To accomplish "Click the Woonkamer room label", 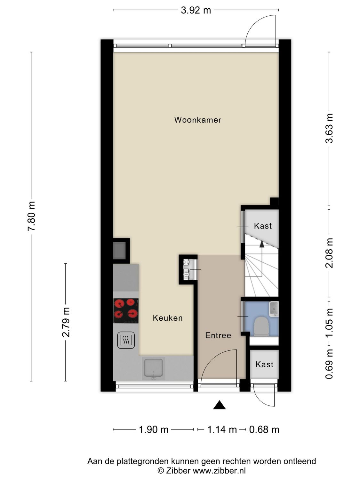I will (x=197, y=120).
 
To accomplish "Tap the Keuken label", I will (x=168, y=318).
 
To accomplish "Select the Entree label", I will (x=218, y=335).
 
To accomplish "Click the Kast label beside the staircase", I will (x=263, y=226).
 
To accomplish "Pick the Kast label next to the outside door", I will (x=264, y=364).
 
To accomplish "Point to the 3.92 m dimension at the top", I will (x=196, y=10).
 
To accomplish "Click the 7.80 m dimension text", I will (x=31, y=216).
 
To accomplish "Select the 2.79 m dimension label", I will (x=66, y=322).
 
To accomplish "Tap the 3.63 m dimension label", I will (x=329, y=128).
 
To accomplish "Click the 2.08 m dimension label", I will (x=329, y=253).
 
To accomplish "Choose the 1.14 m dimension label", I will (x=222, y=429).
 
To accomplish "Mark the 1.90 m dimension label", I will (x=154, y=429).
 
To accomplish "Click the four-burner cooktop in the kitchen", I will (x=126, y=311).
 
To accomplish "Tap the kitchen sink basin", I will (x=154, y=368).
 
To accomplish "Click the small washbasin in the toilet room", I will (x=274, y=309).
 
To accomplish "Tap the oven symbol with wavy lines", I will (x=126, y=340).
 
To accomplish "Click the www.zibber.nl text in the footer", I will (x=219, y=470).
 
